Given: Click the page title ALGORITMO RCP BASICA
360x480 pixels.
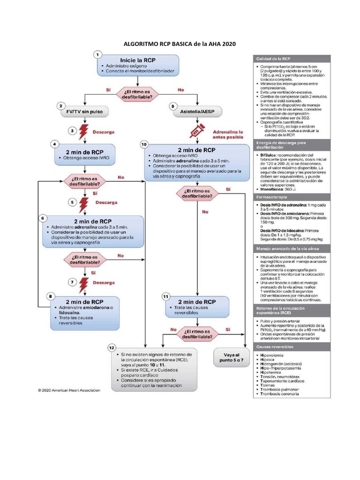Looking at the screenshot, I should click(x=179, y=44).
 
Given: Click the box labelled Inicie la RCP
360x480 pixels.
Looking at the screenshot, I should click(x=138, y=65).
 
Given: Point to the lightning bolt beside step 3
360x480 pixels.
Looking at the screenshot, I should click(x=84, y=132).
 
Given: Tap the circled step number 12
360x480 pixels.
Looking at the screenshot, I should click(x=112, y=348).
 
